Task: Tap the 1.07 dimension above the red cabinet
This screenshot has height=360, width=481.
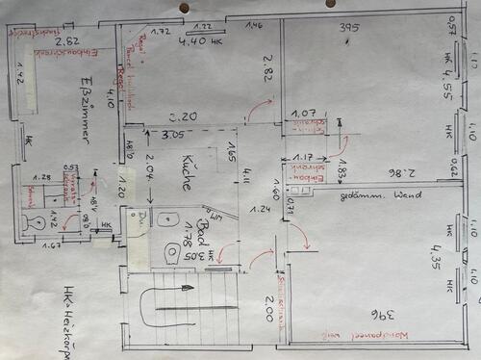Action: (x=304, y=113)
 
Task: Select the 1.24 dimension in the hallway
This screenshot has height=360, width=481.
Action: (x=258, y=209)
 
